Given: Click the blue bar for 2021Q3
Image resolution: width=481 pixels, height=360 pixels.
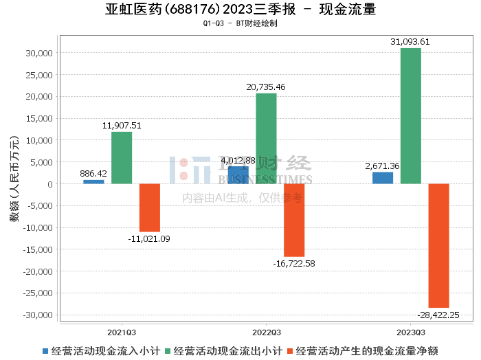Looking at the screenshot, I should (93, 181).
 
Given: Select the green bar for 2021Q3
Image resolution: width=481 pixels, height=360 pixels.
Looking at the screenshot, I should (122, 158).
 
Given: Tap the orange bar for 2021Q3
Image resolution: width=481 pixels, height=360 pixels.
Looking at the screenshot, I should (150, 207).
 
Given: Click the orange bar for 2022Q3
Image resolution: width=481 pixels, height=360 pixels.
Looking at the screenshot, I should (294, 220).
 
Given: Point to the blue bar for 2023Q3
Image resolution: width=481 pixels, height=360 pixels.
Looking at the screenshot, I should (383, 178).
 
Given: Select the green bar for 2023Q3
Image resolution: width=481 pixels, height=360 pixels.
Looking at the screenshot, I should (411, 116).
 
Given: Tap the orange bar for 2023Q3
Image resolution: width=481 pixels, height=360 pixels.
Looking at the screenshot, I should (438, 245).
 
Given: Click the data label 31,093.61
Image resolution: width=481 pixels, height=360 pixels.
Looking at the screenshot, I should (410, 42).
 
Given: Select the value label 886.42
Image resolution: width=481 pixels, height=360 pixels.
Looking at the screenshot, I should (93, 174).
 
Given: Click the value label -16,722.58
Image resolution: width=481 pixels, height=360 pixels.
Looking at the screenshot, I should (294, 263).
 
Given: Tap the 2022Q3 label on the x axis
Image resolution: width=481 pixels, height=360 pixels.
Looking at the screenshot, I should (266, 331).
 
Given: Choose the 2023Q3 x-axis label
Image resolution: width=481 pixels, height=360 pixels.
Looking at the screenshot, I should (410, 331).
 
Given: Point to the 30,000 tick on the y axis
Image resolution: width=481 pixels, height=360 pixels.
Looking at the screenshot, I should (39, 53).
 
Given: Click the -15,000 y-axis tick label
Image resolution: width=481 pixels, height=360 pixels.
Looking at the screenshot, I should (36, 249).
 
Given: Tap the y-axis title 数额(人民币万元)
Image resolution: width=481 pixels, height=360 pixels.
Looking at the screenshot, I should (14, 183).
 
